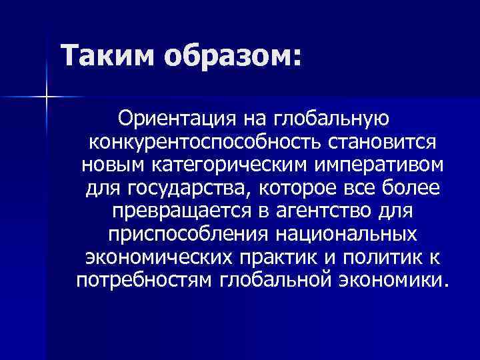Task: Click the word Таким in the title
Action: coord(107,54)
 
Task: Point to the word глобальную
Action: coord(337,120)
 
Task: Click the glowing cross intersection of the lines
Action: coord(47,97)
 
